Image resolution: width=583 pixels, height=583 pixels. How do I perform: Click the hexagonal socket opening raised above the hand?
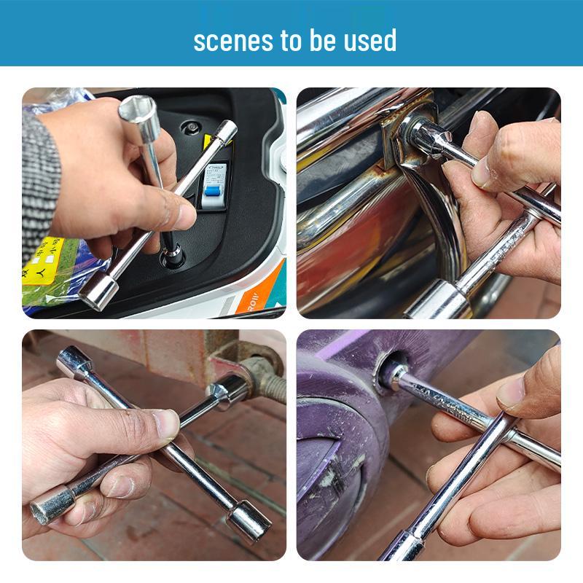[138, 109]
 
